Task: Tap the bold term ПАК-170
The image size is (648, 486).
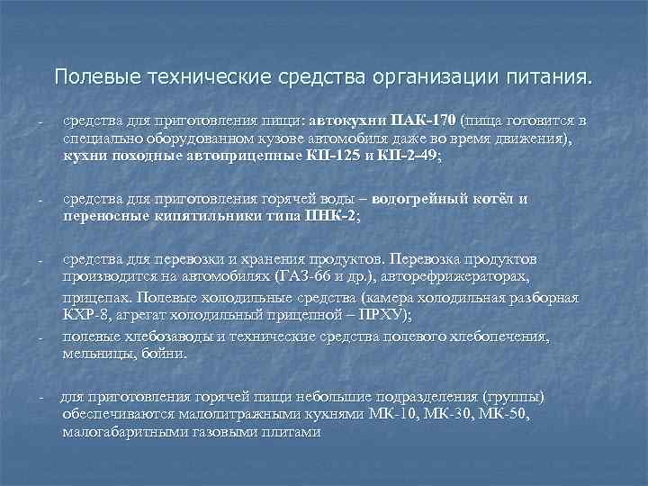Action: tap(425, 121)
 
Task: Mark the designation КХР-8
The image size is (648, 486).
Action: tap(85, 314)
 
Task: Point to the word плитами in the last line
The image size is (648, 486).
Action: tap(290, 432)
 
